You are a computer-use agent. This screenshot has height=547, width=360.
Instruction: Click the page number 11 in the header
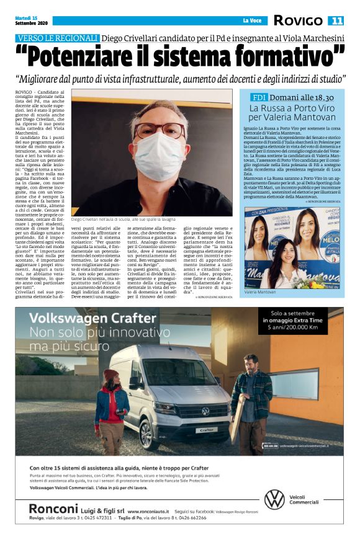(336, 20)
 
